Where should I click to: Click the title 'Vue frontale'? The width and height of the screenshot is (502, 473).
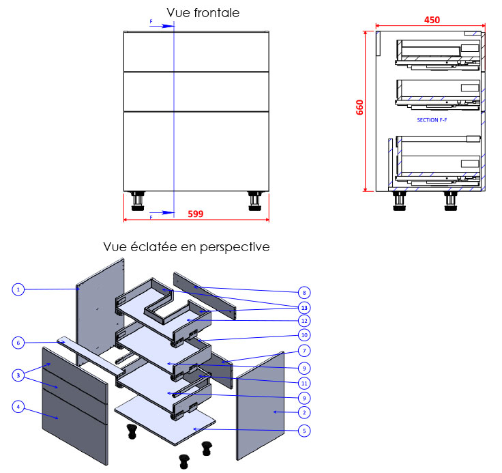click(203, 13)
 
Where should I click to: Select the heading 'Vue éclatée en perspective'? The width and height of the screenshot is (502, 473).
click(186, 246)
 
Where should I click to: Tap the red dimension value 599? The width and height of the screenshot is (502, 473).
click(196, 214)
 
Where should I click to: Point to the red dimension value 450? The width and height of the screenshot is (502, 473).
click(432, 20)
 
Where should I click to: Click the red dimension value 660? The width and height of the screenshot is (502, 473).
click(359, 109)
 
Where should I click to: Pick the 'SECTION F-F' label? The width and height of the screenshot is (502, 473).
click(432, 119)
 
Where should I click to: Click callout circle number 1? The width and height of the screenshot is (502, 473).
click(18, 289)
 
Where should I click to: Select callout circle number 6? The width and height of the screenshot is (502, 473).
click(18, 342)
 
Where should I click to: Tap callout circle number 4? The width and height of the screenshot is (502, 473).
click(18, 407)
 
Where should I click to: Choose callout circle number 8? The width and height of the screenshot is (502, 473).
click(304, 291)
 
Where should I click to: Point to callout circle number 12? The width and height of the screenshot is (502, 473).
click(304, 320)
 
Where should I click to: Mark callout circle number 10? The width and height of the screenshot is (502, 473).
click(304, 334)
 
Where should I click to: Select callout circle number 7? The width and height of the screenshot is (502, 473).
click(304, 350)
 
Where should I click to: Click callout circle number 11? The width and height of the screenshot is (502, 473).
click(304, 382)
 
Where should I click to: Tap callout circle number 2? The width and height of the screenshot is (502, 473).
click(304, 412)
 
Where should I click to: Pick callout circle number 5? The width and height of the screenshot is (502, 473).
click(304, 431)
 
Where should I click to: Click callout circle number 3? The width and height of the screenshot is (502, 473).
click(18, 375)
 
